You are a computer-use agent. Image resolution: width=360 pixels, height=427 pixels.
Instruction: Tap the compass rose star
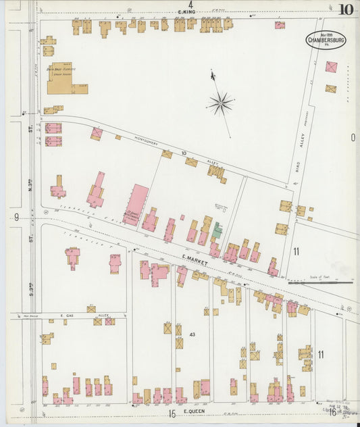pyautogui.click(x=221, y=103)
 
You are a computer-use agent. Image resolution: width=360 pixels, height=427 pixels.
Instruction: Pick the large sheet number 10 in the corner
pyautogui.click(x=346, y=9)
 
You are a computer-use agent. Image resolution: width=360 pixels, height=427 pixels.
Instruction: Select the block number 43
pyautogui.click(x=192, y=334)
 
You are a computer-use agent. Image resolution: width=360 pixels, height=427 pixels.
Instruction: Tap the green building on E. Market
pyautogui.click(x=217, y=231)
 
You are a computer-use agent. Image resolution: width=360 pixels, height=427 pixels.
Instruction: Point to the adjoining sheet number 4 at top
pyautogui.click(x=190, y=5)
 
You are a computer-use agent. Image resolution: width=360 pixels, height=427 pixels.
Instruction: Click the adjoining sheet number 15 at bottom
pyautogui.click(x=172, y=413)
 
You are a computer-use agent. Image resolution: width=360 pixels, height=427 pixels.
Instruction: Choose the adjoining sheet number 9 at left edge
pyautogui.click(x=15, y=217)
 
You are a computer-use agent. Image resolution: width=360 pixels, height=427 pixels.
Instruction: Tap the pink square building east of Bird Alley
pyautogui.click(x=331, y=67)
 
